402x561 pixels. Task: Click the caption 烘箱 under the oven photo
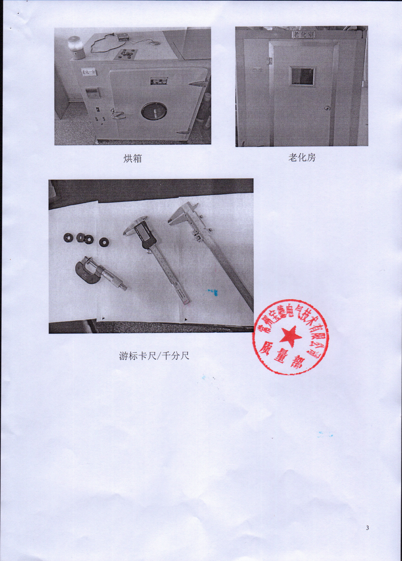tap(133, 159)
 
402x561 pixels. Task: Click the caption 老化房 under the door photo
tap(302, 158)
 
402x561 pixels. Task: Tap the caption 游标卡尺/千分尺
tap(154, 356)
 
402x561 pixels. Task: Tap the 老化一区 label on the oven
tap(89, 72)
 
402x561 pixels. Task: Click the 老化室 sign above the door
tap(304, 34)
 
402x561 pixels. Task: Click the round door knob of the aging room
tap(327, 109)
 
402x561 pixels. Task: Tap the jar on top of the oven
tap(77, 47)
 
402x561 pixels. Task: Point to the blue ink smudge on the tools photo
tap(213, 292)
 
